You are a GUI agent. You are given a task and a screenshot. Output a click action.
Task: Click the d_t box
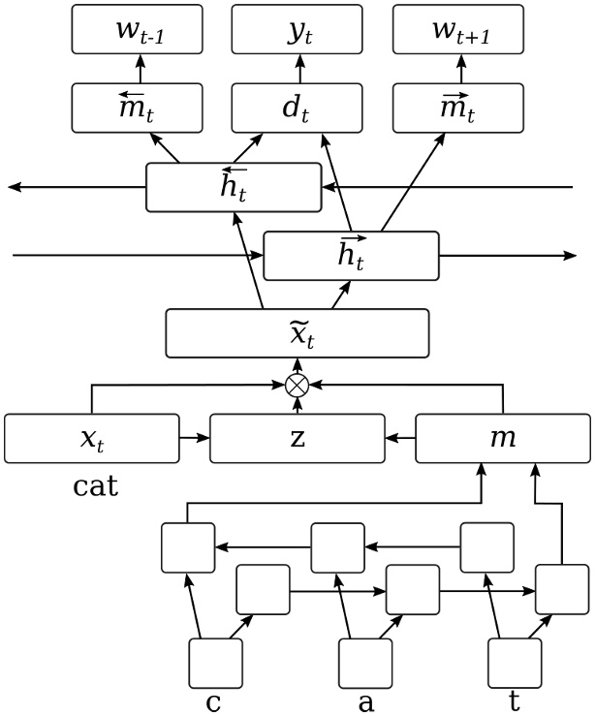click(297, 108)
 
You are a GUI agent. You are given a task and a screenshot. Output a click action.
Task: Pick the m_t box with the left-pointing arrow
click(138, 108)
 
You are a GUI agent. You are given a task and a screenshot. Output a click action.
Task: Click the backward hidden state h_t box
click(234, 186)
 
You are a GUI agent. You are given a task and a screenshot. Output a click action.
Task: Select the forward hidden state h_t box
click(351, 256)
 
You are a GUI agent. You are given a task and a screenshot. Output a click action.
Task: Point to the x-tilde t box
click(297, 333)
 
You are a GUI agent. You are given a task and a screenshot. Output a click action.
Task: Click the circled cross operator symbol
click(297, 385)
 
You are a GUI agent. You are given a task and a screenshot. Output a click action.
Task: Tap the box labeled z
click(297, 438)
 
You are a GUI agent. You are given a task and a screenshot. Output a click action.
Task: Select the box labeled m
click(503, 438)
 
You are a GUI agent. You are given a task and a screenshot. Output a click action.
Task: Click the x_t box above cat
click(92, 438)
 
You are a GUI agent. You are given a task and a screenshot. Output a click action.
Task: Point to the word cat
click(96, 484)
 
